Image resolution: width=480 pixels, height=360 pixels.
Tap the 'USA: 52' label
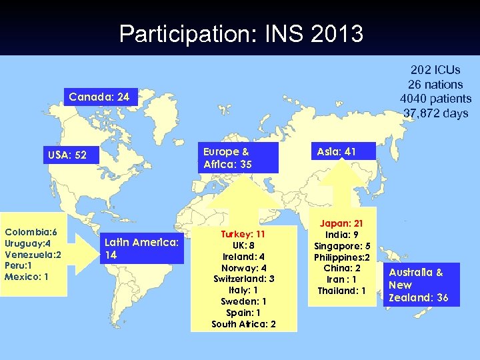(67, 155)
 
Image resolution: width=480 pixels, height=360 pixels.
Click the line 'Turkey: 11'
(243, 234)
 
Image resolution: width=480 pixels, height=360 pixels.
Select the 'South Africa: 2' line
(243, 324)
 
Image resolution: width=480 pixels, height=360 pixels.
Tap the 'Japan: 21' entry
(341, 223)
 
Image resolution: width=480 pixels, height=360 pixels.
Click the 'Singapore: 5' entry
(342, 245)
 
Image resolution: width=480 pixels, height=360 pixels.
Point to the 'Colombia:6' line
(31, 231)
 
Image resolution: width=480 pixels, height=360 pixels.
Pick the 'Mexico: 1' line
(27, 276)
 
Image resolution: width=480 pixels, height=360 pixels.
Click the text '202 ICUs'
(435, 69)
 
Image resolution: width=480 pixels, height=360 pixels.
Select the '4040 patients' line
(435, 99)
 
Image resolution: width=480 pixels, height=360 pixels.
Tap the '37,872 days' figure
(435, 113)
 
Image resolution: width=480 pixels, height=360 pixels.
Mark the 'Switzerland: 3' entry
(243, 279)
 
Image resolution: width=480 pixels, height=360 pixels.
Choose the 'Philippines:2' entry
(342, 257)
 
